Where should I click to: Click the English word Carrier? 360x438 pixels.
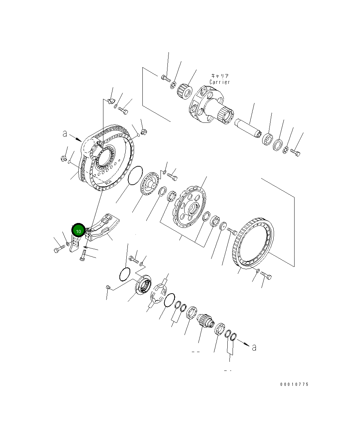(x=220, y=82)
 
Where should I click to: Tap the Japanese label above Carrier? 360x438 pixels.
(x=220, y=76)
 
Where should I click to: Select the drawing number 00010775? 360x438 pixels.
(x=294, y=384)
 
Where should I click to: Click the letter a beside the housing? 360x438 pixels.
(x=65, y=134)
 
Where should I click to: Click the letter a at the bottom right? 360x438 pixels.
(x=254, y=348)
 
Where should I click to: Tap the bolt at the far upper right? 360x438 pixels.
(x=295, y=153)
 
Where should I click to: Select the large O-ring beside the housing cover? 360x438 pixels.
(x=135, y=175)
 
